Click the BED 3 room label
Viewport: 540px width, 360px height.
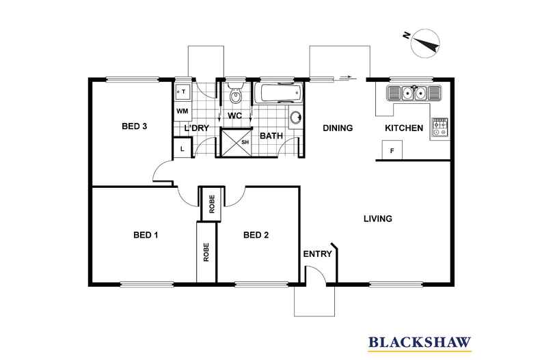(135, 126)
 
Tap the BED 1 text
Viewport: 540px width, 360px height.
(145, 236)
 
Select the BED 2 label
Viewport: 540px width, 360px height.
(256, 236)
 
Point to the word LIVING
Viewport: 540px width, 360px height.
(377, 219)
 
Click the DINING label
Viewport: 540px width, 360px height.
(337, 128)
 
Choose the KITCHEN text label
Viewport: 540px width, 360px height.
(404, 128)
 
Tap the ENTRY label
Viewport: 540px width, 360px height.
(318, 254)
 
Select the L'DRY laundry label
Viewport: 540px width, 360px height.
(196, 128)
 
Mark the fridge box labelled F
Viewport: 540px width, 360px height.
(392, 150)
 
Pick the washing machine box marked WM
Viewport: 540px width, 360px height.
(183, 110)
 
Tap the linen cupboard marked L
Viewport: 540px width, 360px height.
(183, 148)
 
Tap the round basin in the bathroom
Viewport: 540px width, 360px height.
(296, 117)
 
